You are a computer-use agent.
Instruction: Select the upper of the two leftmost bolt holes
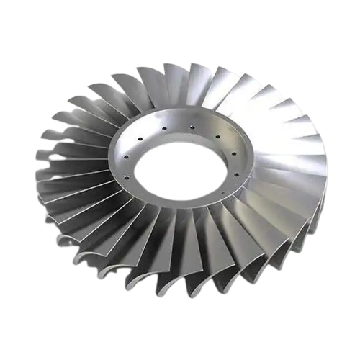127,158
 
